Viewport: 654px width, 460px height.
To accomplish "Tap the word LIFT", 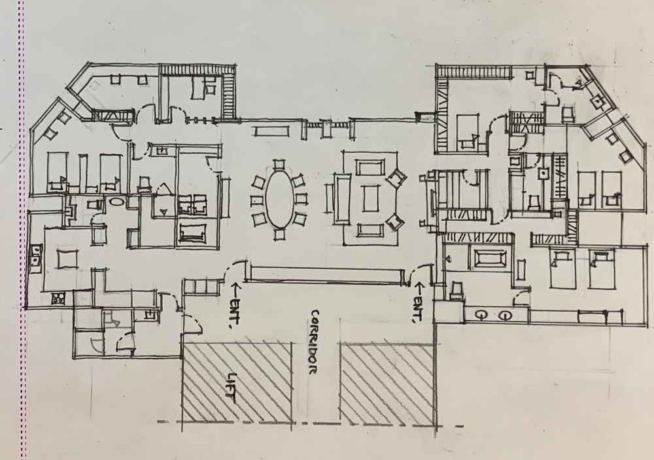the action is point(232,387).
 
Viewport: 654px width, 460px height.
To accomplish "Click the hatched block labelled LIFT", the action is point(237,382).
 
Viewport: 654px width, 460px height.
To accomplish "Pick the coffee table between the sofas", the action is point(370,199).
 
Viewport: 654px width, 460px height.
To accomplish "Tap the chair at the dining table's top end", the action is point(279,163).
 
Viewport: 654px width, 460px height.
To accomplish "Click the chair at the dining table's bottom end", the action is point(279,234).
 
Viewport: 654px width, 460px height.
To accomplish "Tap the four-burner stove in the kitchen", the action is point(58,299).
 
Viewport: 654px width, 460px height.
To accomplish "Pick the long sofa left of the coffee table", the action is point(341,199).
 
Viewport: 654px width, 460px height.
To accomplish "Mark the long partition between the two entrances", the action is point(326,274).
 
